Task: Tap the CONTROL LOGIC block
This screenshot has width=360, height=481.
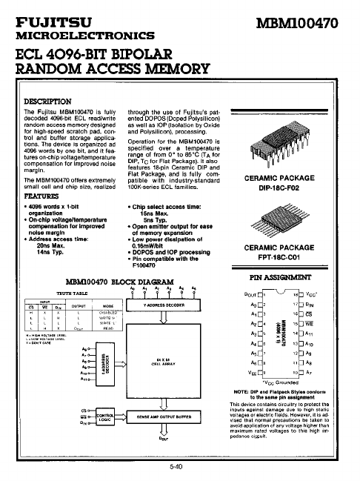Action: pos(105,417)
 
